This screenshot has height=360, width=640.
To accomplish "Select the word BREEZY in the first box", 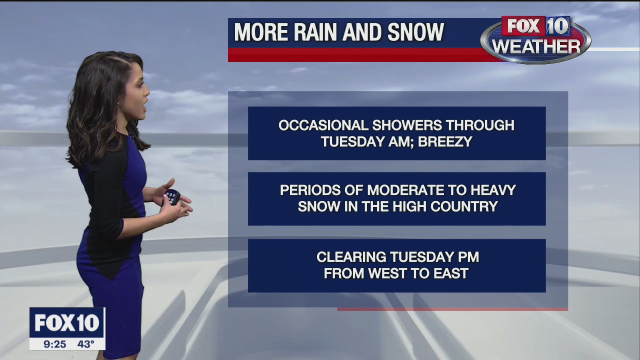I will coord(445,141).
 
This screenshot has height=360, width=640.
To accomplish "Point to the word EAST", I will coord(451,273).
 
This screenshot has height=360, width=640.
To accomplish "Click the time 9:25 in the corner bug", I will coord(54,344).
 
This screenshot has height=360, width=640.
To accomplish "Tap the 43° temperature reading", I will coord(85,344).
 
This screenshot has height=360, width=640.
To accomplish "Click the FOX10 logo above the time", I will coord(67,323).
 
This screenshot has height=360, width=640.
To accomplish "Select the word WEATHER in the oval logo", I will coord(535,46).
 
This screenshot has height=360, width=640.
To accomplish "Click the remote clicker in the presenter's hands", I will coord(172,196).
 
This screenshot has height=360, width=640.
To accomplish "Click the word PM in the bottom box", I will coord(468,257).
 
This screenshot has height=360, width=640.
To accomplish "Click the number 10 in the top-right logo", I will coord(557,26).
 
